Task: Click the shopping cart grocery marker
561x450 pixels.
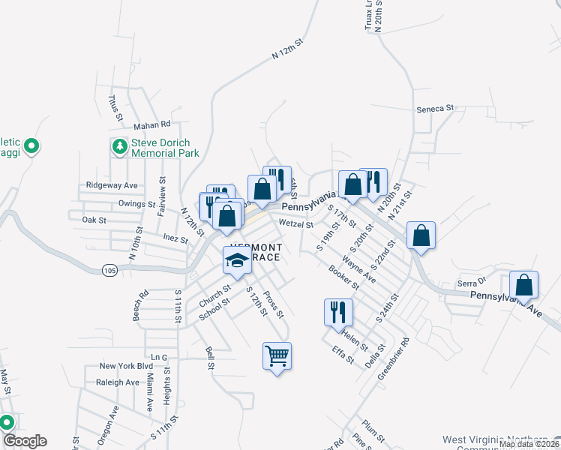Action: [277, 356]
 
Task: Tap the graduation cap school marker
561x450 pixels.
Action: [237, 261]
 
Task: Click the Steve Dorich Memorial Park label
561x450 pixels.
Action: [164, 147]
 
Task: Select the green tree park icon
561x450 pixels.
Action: [118, 147]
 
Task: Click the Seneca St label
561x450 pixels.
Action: [436, 108]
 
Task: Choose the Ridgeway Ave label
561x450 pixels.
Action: [112, 184]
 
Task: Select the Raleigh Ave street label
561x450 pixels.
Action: [118, 382]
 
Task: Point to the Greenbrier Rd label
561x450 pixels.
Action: [394, 357]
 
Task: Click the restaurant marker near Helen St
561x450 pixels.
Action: [337, 310]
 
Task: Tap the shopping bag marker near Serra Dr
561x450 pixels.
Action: [523, 285]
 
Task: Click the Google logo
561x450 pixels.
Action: [24, 441]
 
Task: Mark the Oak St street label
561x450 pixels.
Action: [94, 220]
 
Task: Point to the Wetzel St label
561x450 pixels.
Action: [295, 223]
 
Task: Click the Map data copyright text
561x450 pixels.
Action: [528, 444]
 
